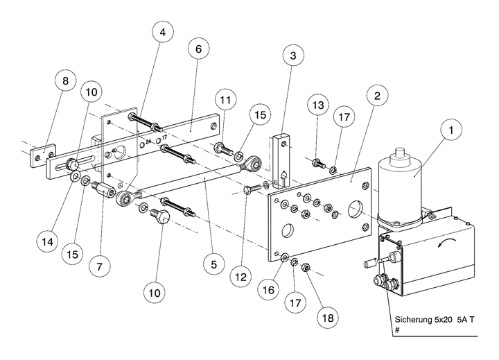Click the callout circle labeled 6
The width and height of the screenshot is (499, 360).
(198, 51)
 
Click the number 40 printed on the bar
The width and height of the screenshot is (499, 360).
(114, 151)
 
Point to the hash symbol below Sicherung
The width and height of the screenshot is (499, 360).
(397, 332)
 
